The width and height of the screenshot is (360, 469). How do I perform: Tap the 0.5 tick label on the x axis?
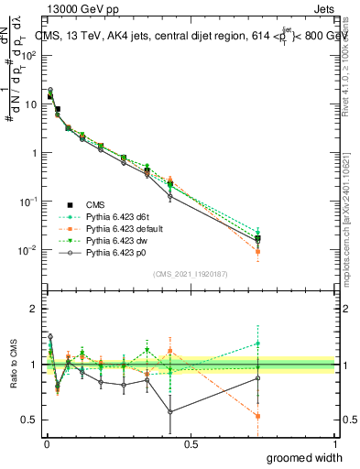click(191, 443)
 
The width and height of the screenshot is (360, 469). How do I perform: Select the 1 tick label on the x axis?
click(334, 443)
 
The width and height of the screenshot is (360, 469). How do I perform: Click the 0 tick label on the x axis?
click(47, 443)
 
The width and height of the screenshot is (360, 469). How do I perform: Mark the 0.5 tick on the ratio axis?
click(30, 420)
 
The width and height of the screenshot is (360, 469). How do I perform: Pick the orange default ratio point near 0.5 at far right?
click(258, 416)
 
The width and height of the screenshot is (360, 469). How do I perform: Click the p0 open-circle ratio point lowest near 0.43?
click(170, 411)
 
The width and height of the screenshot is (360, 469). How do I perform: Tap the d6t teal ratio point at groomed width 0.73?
click(258, 344)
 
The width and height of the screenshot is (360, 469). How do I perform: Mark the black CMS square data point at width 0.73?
click(258, 238)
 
